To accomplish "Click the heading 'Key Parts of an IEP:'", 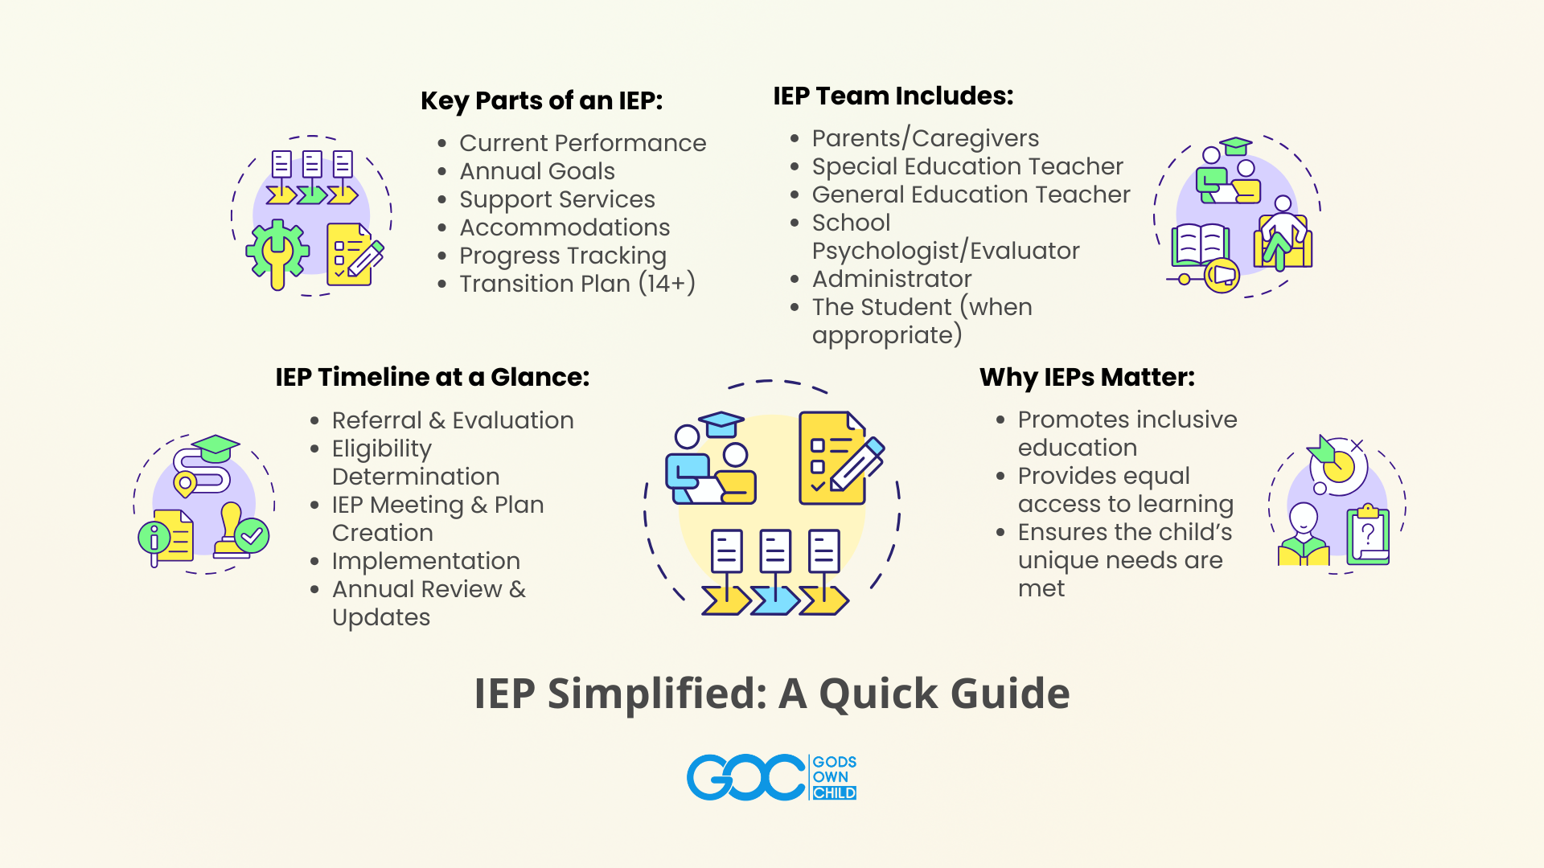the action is click(x=541, y=101).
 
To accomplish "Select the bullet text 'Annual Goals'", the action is click(x=537, y=171).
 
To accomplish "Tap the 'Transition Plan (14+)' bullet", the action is click(x=577, y=284).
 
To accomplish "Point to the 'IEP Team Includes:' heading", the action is click(x=893, y=96).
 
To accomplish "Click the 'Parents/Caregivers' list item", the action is click(x=926, y=139).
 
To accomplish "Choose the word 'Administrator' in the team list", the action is click(x=892, y=279).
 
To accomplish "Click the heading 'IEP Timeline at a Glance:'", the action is click(x=433, y=377).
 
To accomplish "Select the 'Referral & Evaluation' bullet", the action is click(x=453, y=420).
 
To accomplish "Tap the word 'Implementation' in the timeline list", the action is click(x=426, y=561).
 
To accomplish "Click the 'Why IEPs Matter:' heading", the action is click(x=1087, y=378).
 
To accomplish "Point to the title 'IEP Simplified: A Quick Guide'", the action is click(x=772, y=693).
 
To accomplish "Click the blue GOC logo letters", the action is click(x=745, y=777).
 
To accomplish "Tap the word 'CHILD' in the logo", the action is click(x=834, y=793).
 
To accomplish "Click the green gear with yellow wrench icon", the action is click(x=277, y=253).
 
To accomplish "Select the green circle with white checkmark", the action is click(x=252, y=535).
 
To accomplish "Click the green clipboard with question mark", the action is click(x=1368, y=534).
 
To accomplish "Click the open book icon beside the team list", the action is click(x=1201, y=244).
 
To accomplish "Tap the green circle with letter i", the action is click(x=154, y=537).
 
